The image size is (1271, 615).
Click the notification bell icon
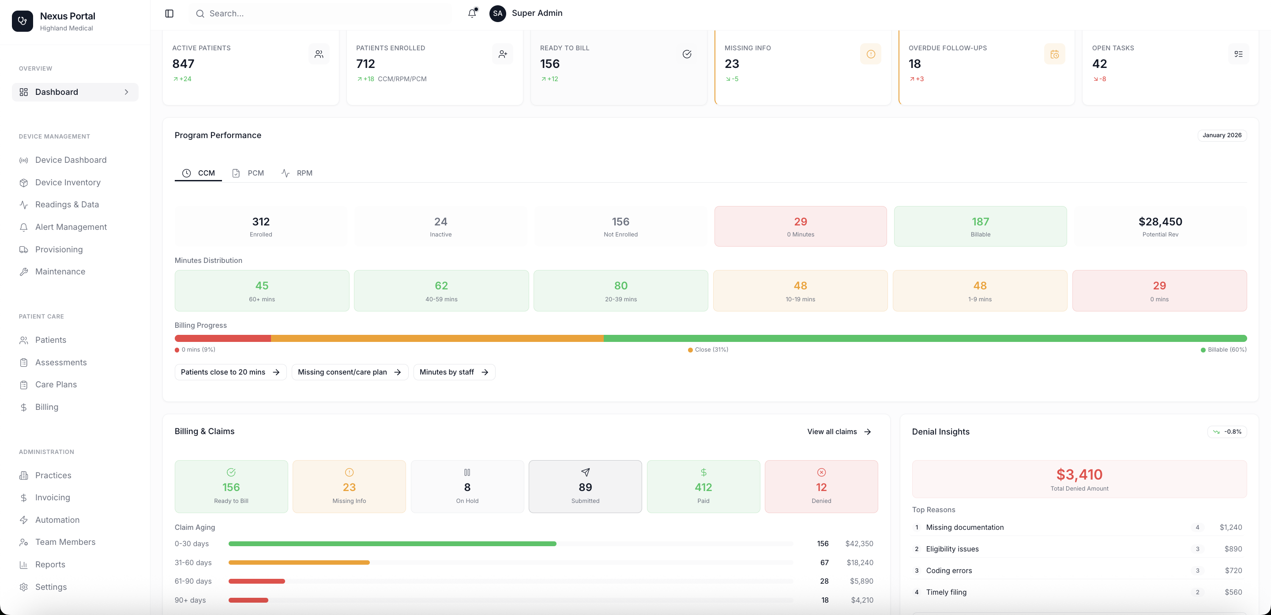coord(472,13)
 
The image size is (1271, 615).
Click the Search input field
coord(321,13)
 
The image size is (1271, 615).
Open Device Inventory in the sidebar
coord(68,183)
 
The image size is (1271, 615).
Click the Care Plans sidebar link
coord(56,385)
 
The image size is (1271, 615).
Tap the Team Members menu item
coord(65,542)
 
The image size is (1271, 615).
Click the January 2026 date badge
coord(1222,135)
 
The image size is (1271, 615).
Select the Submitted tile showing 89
coord(585,487)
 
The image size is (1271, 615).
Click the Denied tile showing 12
coord(821,487)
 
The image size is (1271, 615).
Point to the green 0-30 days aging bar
coord(392,544)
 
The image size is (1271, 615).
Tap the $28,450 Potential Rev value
coord(1160,222)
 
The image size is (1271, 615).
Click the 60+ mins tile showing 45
coord(262,290)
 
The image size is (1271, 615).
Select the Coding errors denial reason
coord(949,570)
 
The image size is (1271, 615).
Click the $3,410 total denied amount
coord(1079,474)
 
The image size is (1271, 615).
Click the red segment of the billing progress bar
coord(222,338)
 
